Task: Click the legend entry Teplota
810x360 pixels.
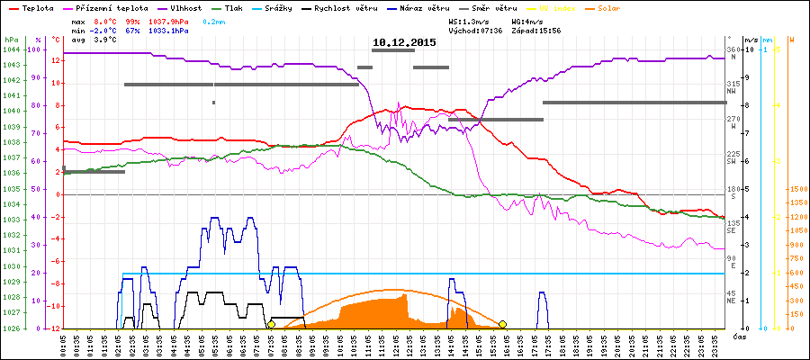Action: click(35, 7)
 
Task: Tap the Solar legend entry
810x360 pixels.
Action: click(609, 7)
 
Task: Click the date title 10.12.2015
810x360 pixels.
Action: click(405, 42)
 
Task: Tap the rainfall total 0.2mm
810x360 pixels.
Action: click(214, 20)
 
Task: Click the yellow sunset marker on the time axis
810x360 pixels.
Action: click(503, 324)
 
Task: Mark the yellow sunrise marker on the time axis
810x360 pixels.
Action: click(271, 324)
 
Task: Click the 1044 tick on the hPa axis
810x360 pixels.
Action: click(11, 49)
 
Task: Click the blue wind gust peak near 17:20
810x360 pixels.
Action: click(542, 292)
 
